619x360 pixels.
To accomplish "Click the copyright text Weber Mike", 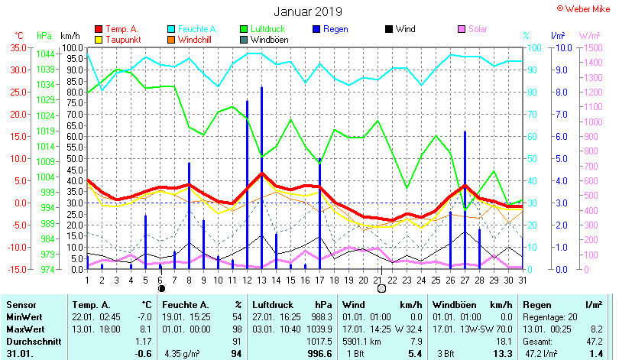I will point(586,8).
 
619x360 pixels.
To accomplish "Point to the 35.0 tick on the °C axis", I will point(17,47).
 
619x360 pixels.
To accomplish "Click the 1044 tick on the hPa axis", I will point(45,54).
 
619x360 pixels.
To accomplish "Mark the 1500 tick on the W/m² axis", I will point(591,47).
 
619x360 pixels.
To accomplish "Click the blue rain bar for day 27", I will point(465,199).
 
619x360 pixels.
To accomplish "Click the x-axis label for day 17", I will point(319,280).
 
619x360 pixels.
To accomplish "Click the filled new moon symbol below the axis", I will point(161,289).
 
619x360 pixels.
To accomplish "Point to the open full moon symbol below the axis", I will point(381,289).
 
